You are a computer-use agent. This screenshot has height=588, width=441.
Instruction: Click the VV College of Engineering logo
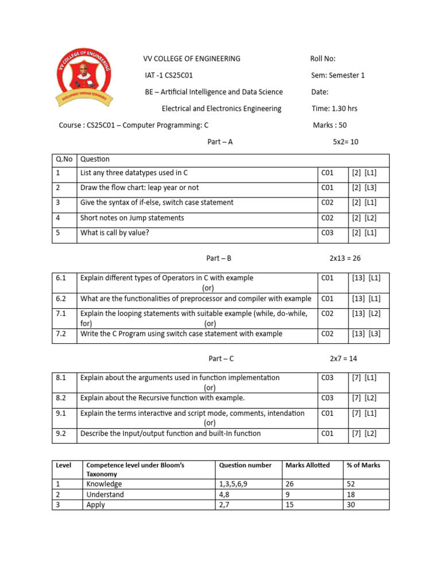[86, 76]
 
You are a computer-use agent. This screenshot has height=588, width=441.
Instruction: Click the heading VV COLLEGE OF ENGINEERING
[191, 59]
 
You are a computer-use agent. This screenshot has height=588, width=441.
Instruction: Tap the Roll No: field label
[323, 59]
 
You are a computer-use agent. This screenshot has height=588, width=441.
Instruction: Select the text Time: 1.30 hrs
[334, 109]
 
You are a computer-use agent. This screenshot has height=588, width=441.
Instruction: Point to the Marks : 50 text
[330, 125]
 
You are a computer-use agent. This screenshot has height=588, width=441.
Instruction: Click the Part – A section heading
[220, 142]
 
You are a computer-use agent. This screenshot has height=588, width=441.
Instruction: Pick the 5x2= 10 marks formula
[346, 142]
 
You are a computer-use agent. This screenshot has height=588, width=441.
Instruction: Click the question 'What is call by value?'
[115, 233]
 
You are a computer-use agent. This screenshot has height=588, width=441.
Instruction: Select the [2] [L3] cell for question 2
[364, 188]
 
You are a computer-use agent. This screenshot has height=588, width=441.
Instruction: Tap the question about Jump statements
[132, 218]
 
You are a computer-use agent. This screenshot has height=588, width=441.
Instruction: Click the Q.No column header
[64, 159]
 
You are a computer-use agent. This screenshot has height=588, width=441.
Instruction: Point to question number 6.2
[61, 299]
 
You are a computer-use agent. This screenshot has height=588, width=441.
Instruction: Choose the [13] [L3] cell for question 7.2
[366, 334]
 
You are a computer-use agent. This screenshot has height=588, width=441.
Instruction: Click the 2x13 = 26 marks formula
[345, 259]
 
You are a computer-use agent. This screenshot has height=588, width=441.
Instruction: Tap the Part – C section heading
[221, 359]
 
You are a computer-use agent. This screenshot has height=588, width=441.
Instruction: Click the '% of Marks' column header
[363, 465]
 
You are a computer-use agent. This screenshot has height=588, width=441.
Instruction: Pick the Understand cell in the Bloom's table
[105, 494]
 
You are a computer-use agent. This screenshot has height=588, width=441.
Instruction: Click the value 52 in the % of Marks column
[351, 484]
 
